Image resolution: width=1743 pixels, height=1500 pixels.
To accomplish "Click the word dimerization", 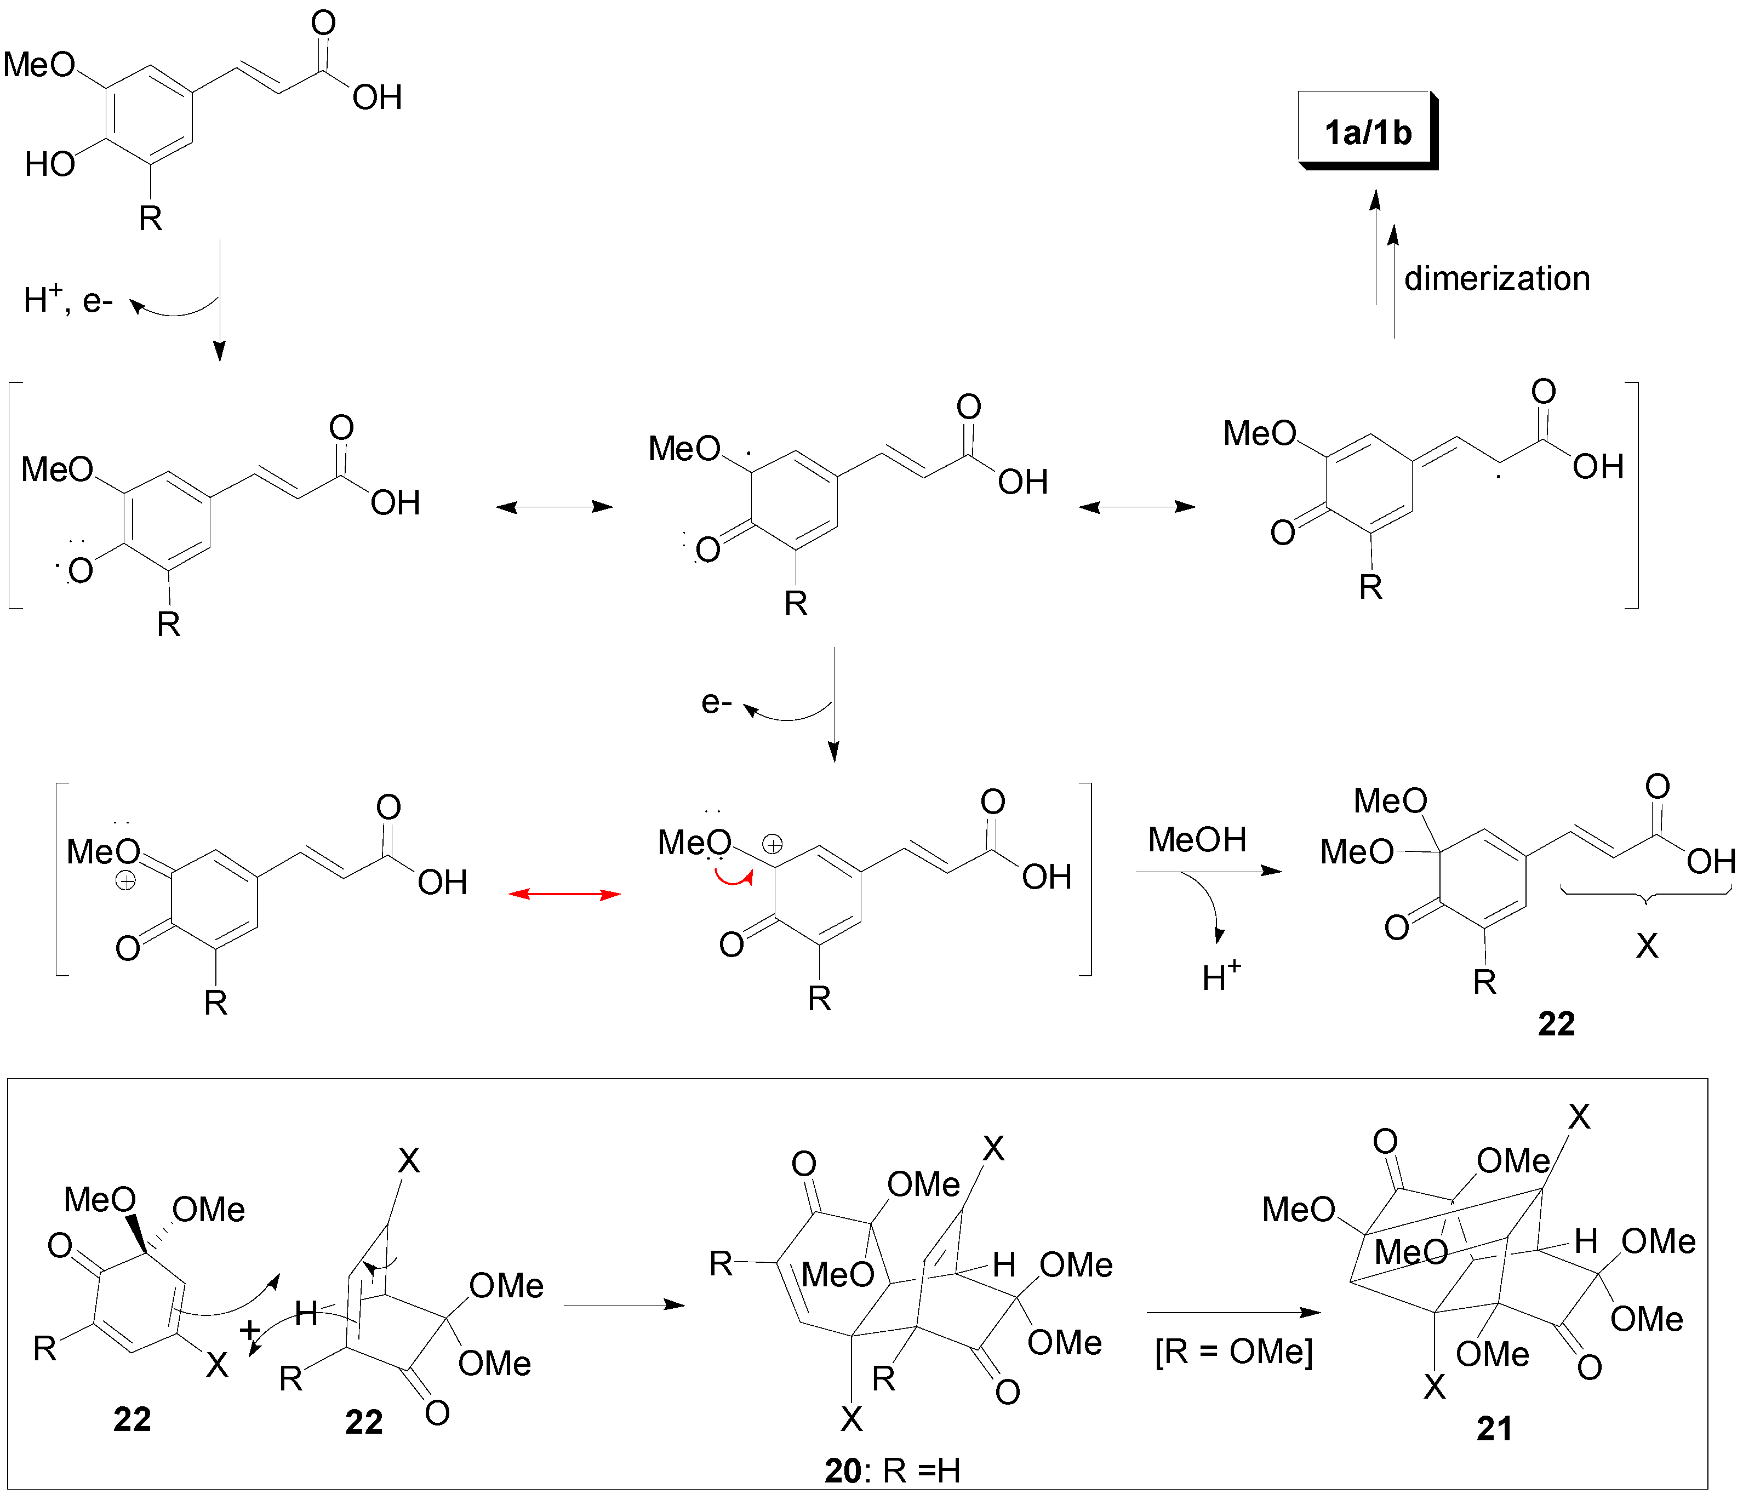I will (1496, 278).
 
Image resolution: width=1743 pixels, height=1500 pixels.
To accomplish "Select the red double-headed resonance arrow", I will (564, 894).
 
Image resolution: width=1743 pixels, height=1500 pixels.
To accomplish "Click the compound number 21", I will (1494, 1428).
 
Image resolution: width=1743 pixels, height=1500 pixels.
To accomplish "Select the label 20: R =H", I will (891, 1470).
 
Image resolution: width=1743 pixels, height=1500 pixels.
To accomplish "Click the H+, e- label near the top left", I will (67, 300).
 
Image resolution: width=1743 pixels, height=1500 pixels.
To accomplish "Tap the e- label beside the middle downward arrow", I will (717, 702).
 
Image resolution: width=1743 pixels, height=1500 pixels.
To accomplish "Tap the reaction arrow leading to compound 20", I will (624, 1305).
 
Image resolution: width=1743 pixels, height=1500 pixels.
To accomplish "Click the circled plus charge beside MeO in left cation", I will (125, 881).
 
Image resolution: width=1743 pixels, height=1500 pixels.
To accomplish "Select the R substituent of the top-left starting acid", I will (150, 219).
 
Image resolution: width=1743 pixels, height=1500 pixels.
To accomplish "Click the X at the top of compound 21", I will (1579, 1117).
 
